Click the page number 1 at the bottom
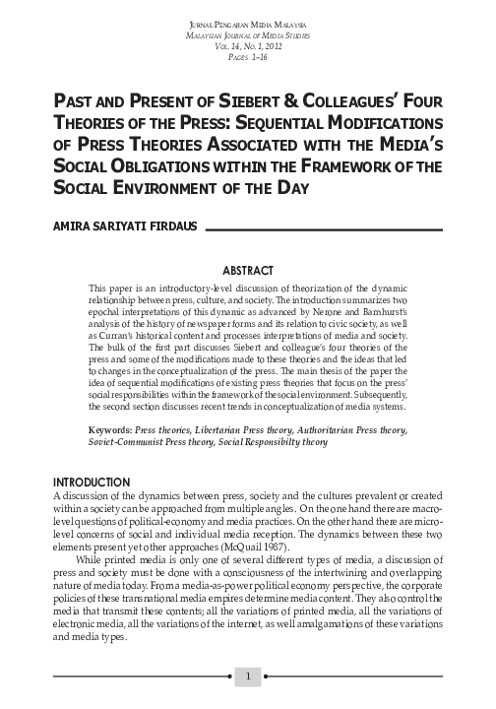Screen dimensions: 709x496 click(249, 677)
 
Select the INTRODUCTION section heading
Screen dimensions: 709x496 click(95, 481)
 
